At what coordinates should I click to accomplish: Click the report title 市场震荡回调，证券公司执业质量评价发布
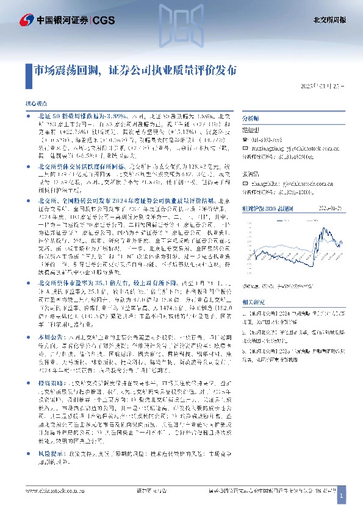tap(135, 70)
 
